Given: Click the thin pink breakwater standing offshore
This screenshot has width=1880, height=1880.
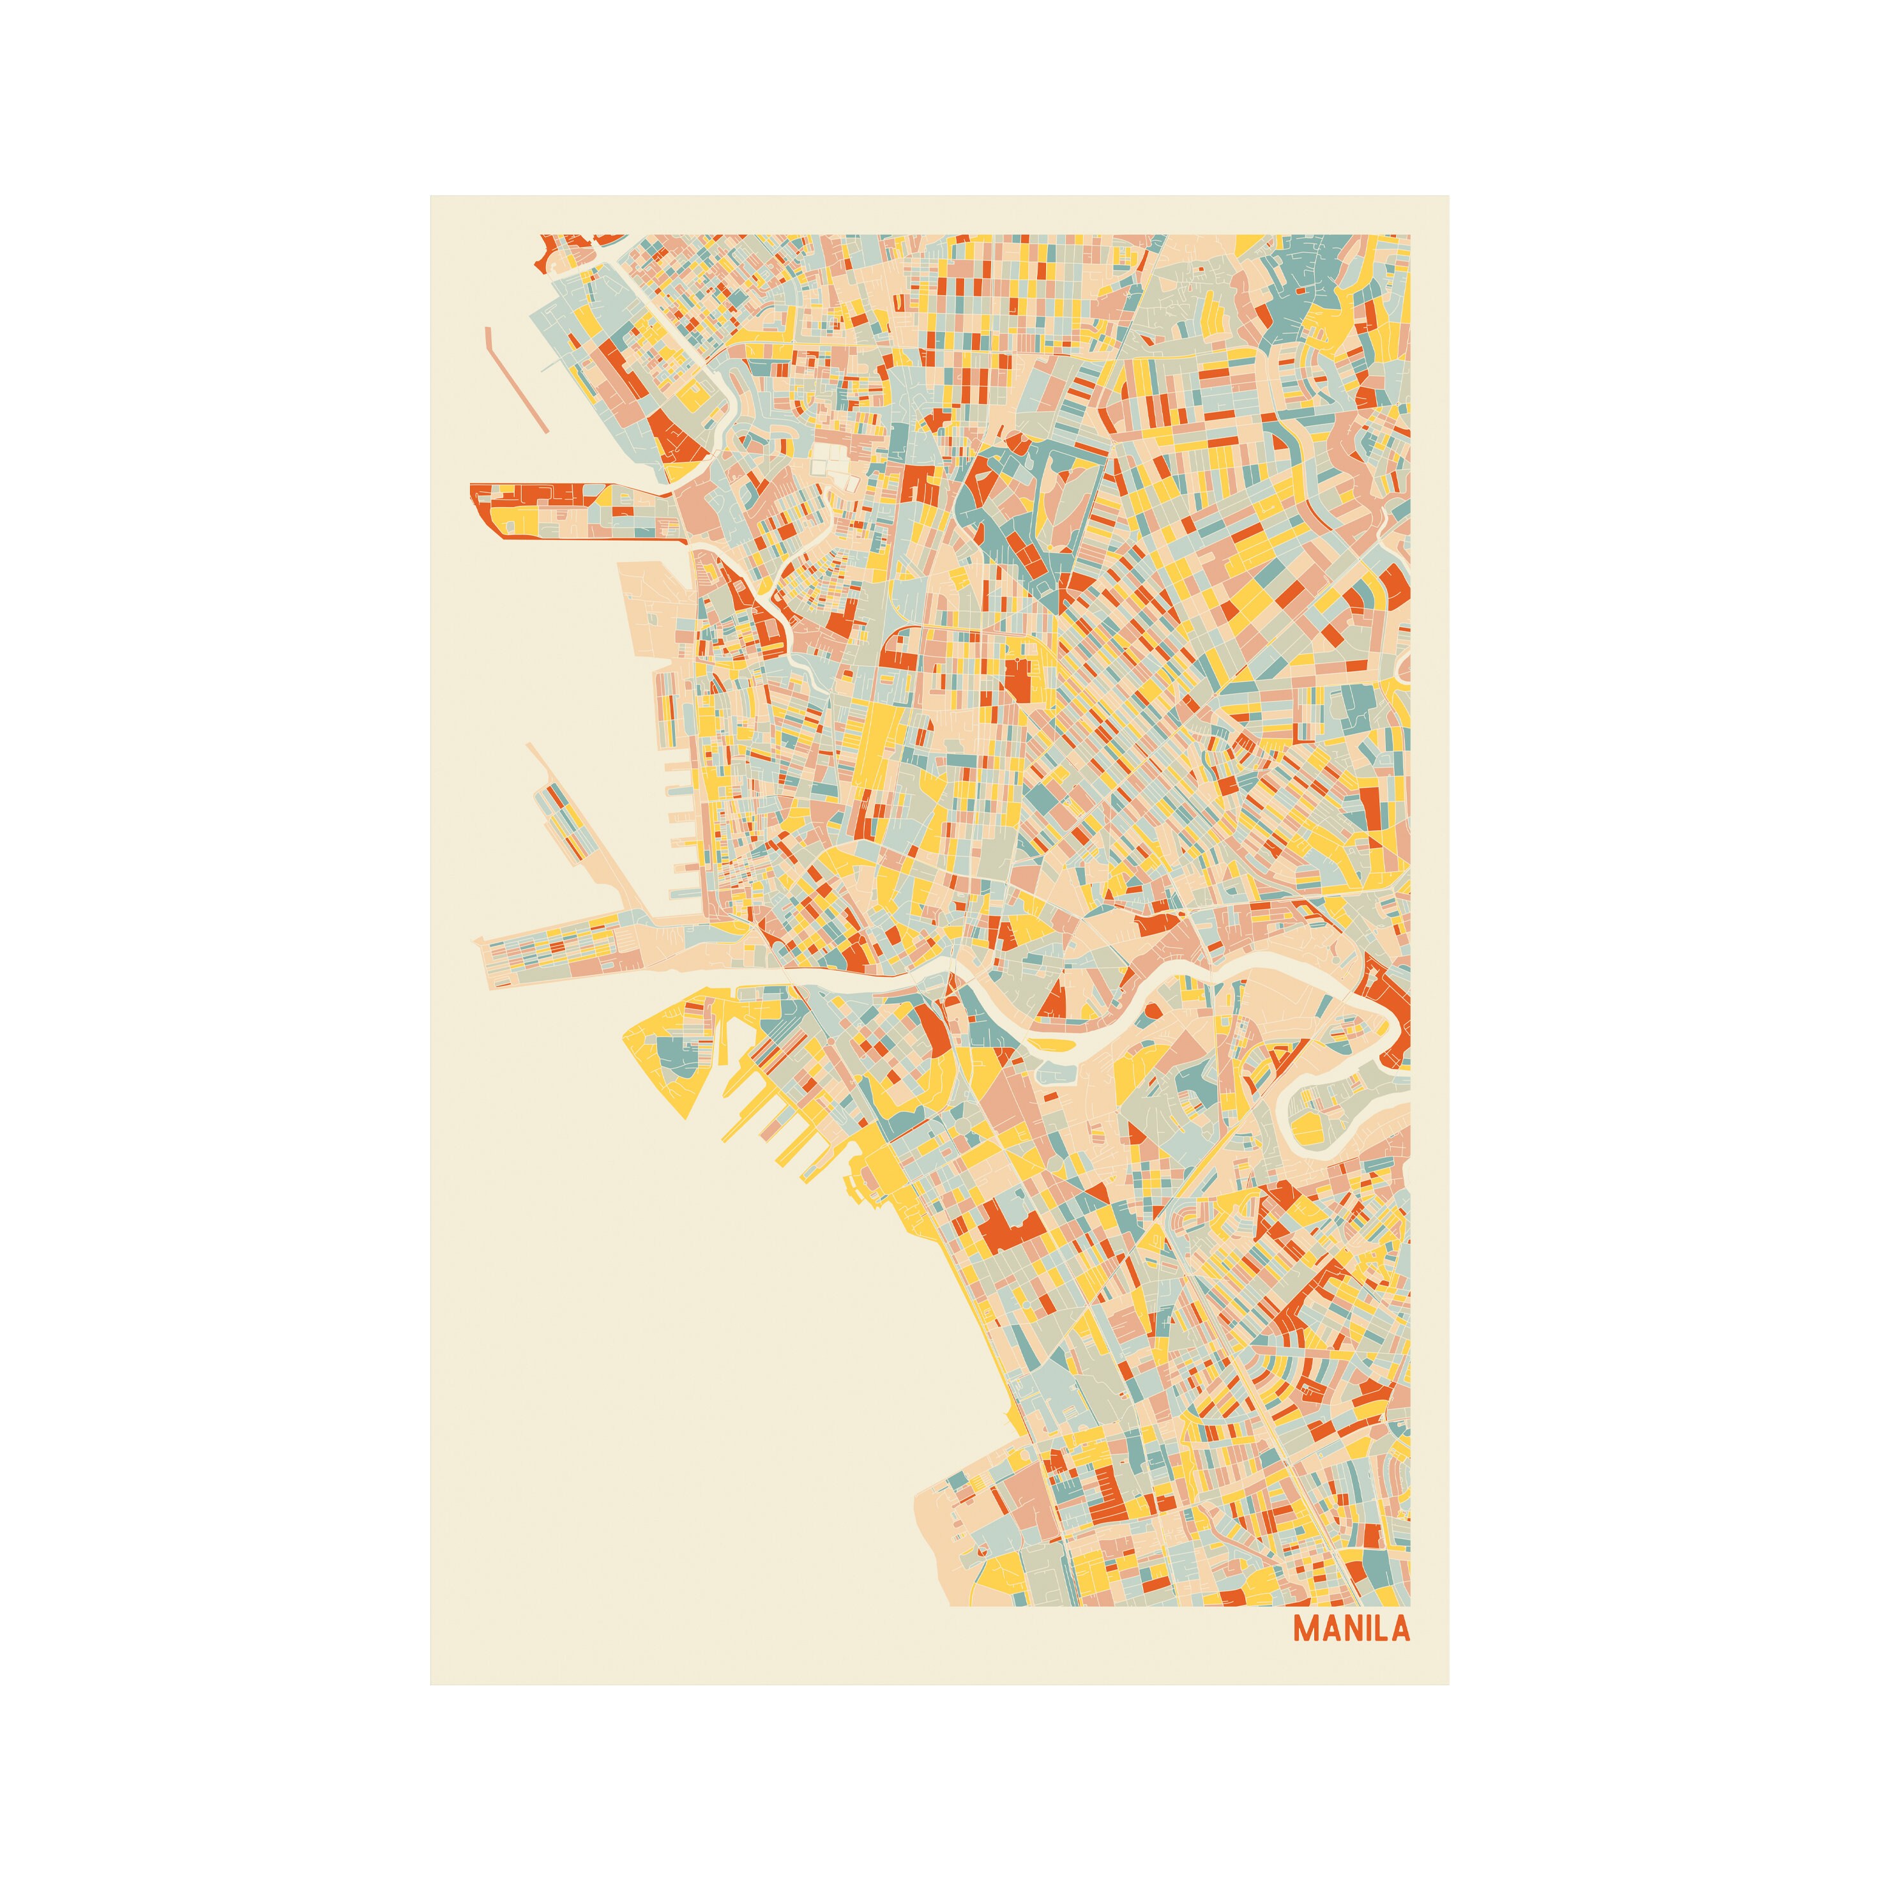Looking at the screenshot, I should click(x=516, y=379).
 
